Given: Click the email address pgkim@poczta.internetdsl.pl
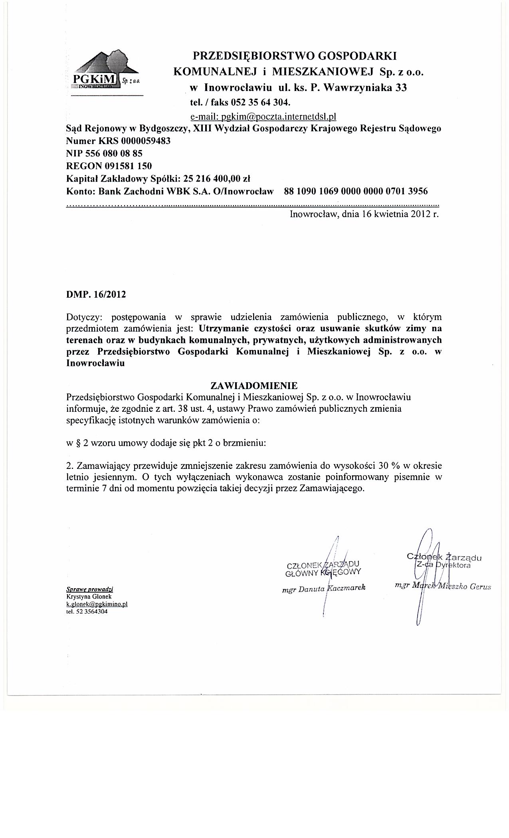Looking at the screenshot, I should tap(263, 116).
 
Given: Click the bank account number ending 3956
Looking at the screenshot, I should tap(355, 191).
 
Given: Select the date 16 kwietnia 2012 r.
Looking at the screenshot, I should tap(400, 214).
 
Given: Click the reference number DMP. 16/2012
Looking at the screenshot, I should tap(96, 294).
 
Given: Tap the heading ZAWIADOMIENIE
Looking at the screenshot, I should tap(254, 386).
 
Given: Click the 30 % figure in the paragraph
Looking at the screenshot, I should tap(386, 466).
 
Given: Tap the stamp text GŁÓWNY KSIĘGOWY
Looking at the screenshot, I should tap(323, 571).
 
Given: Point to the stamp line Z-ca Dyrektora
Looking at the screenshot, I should tap(444, 565).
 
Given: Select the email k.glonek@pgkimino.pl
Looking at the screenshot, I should tap(97, 604).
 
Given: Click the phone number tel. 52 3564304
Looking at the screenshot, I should tap(87, 611).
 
